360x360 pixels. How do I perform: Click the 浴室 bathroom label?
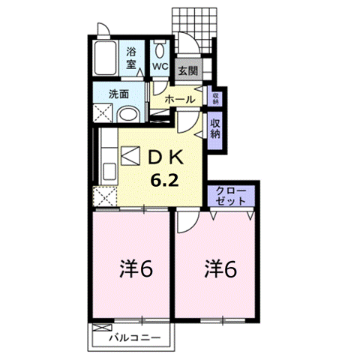[131, 58]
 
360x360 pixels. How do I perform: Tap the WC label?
[160, 66]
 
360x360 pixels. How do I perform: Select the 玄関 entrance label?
[188, 70]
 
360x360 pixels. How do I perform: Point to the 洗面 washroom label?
[118, 94]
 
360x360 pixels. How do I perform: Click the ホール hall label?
[180, 99]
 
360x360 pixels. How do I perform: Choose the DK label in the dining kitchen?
[166, 158]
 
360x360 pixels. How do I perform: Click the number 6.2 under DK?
[164, 180]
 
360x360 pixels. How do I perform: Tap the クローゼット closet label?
[231, 196]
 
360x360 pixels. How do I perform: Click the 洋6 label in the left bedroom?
[136, 269]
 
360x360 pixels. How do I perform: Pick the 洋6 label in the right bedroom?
[220, 269]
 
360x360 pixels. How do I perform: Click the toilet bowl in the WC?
[159, 51]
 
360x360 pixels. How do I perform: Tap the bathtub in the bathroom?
[105, 58]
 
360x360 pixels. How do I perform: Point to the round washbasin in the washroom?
[128, 115]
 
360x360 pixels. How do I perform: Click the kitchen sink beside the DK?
[109, 172]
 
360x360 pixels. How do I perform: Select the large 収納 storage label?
[215, 128]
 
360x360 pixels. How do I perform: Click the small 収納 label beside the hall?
[215, 98]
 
